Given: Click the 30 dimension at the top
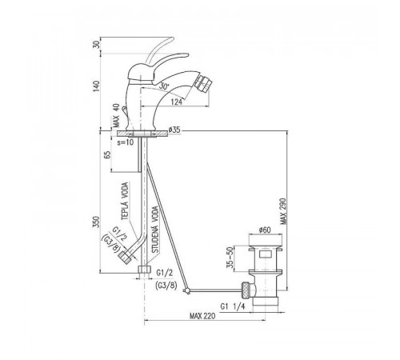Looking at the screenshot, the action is pyautogui.click(x=98, y=43).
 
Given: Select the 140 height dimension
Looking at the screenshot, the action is pyautogui.click(x=96, y=86).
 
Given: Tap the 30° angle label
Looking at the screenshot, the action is pyautogui.click(x=165, y=86).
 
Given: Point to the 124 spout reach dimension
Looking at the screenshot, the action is pyautogui.click(x=177, y=102).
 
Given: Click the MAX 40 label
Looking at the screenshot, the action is pyautogui.click(x=115, y=115).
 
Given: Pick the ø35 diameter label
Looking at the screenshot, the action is pyautogui.click(x=174, y=130).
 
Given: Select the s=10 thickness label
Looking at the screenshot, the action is pyautogui.click(x=126, y=142).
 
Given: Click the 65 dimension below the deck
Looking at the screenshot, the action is pyautogui.click(x=107, y=155).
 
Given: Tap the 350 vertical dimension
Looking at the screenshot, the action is pyautogui.click(x=96, y=222).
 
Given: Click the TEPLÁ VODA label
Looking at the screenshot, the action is pyautogui.click(x=125, y=202).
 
